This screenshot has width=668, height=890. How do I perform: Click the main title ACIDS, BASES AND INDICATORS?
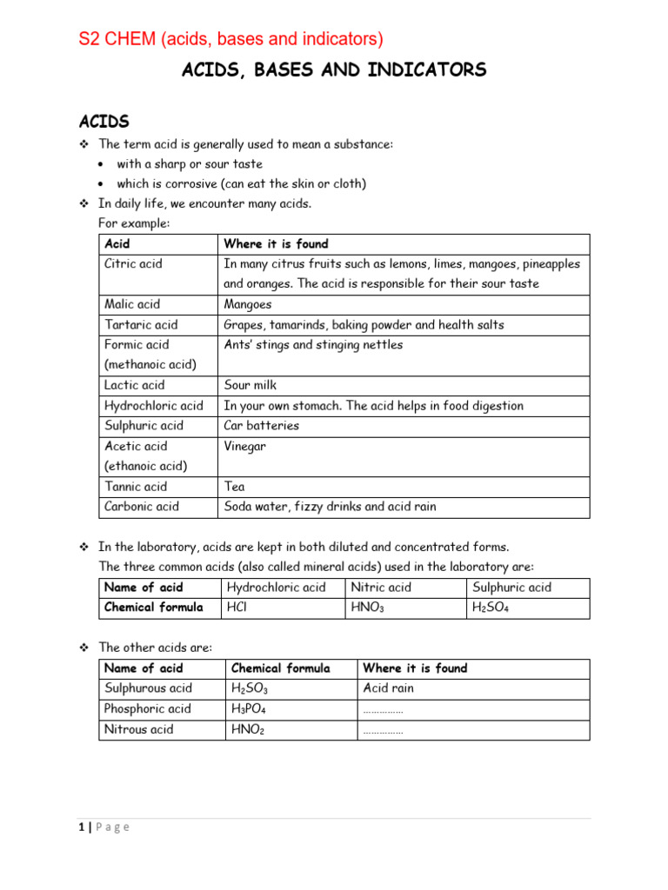click(x=334, y=71)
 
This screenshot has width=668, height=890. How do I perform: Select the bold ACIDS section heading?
click(x=104, y=122)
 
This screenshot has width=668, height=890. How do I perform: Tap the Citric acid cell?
click(x=133, y=263)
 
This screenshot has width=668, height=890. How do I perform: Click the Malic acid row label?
click(x=132, y=304)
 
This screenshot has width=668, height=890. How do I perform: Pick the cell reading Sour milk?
click(x=250, y=385)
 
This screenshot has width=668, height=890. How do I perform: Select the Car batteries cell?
click(x=262, y=426)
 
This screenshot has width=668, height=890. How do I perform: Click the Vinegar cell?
click(x=245, y=446)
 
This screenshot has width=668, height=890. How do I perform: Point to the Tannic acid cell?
click(x=136, y=487)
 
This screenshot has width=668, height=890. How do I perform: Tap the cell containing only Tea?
click(x=234, y=487)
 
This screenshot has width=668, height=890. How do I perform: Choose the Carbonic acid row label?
click(x=142, y=507)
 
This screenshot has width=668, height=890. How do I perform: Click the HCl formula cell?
click(x=237, y=608)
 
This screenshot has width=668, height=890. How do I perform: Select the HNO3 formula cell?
click(x=367, y=608)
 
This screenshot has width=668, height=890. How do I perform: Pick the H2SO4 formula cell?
click(x=491, y=608)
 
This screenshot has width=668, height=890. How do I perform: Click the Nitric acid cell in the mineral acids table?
click(x=381, y=588)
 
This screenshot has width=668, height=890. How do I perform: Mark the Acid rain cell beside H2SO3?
click(x=389, y=688)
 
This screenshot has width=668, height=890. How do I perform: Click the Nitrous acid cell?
click(x=138, y=729)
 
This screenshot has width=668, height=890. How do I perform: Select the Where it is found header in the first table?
click(x=276, y=244)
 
